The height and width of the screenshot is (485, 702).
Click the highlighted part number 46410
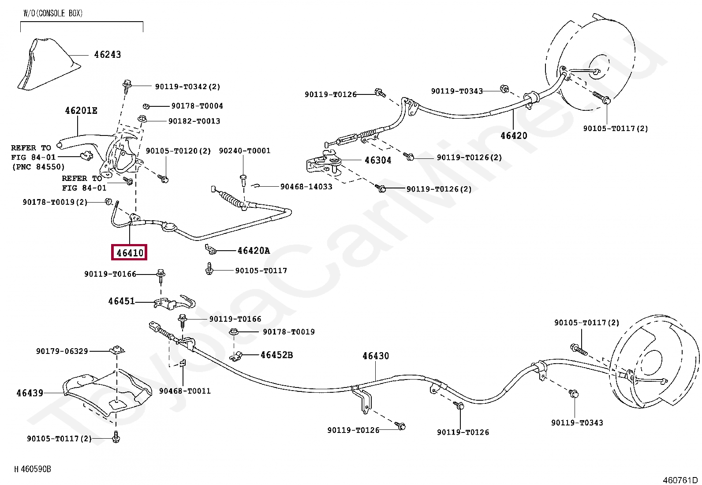130,253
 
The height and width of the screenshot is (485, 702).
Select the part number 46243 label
107,55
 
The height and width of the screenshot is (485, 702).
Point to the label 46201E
81,111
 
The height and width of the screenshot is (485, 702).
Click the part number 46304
377,160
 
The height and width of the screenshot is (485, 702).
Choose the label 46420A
254,251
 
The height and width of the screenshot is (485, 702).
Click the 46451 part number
122,301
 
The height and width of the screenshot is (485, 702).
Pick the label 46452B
276,355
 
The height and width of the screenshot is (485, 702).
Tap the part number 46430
376,356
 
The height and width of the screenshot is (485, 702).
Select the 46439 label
30,392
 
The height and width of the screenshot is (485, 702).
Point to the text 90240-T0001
245,151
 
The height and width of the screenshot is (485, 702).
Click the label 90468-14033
306,187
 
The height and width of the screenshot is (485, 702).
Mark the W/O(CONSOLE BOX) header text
53,14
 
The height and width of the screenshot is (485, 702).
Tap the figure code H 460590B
33,469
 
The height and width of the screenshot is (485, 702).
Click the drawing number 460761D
680,480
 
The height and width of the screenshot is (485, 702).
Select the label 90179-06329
62,351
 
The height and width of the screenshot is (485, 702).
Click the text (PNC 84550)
38,167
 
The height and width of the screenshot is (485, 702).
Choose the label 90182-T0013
194,121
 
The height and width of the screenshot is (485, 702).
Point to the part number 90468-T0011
185,391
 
